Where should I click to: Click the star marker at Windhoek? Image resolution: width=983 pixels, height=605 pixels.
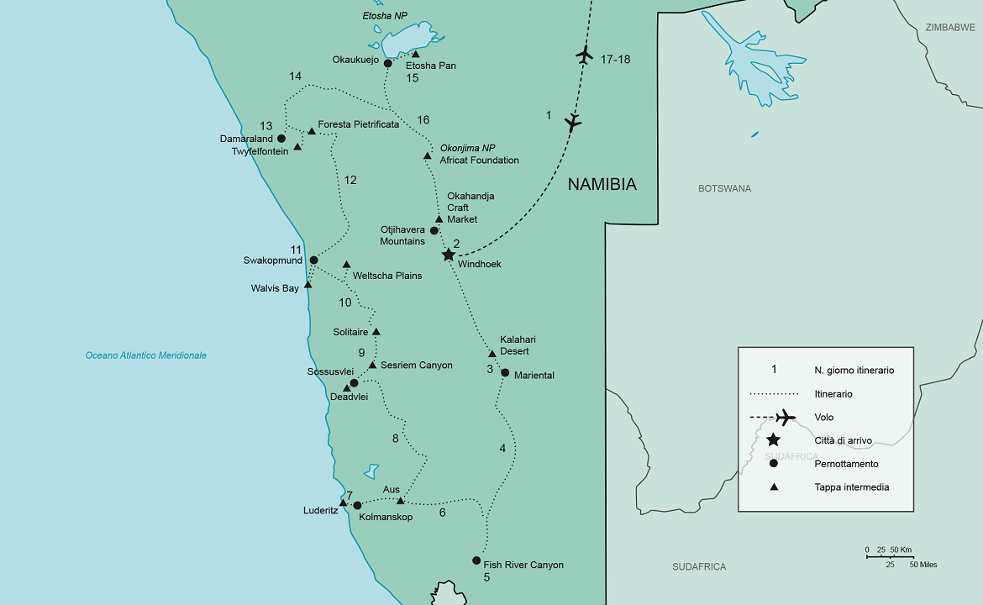click(x=449, y=255)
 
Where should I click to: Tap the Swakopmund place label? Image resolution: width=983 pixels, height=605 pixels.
click(x=273, y=260)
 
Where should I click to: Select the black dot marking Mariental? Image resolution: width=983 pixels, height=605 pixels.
click(x=505, y=373)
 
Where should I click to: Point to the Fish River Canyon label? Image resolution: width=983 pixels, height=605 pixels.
click(x=523, y=565)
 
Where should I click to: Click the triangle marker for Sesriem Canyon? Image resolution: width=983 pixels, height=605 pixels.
click(x=372, y=365)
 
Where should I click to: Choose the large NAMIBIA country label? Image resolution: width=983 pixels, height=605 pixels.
click(x=602, y=185)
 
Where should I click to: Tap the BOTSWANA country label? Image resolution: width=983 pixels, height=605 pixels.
click(x=724, y=189)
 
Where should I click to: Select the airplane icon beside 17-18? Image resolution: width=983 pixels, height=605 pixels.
click(x=585, y=56)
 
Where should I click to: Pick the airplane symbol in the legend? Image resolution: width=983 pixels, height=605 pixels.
click(x=785, y=418)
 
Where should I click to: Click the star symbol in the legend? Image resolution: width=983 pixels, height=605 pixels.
click(x=773, y=440)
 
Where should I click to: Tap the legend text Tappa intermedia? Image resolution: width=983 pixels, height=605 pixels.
click(x=851, y=487)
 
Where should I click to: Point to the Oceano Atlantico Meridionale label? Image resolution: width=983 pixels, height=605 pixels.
click(x=146, y=355)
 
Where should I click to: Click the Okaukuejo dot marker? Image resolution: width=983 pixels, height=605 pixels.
click(x=387, y=63)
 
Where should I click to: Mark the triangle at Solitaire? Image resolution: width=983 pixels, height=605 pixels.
click(x=376, y=332)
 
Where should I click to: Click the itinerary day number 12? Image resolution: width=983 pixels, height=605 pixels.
click(x=350, y=180)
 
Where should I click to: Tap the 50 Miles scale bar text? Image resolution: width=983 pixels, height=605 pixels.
click(x=923, y=565)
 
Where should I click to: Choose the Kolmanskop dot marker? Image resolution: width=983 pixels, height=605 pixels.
click(x=357, y=506)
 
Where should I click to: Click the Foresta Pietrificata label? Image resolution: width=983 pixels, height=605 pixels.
click(x=358, y=124)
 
